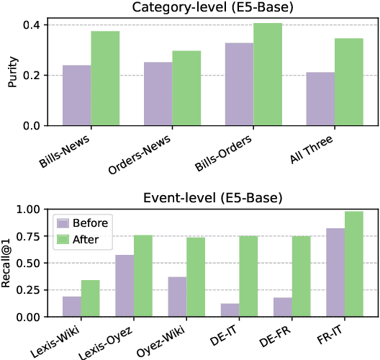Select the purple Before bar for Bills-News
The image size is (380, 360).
click(77, 96)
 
